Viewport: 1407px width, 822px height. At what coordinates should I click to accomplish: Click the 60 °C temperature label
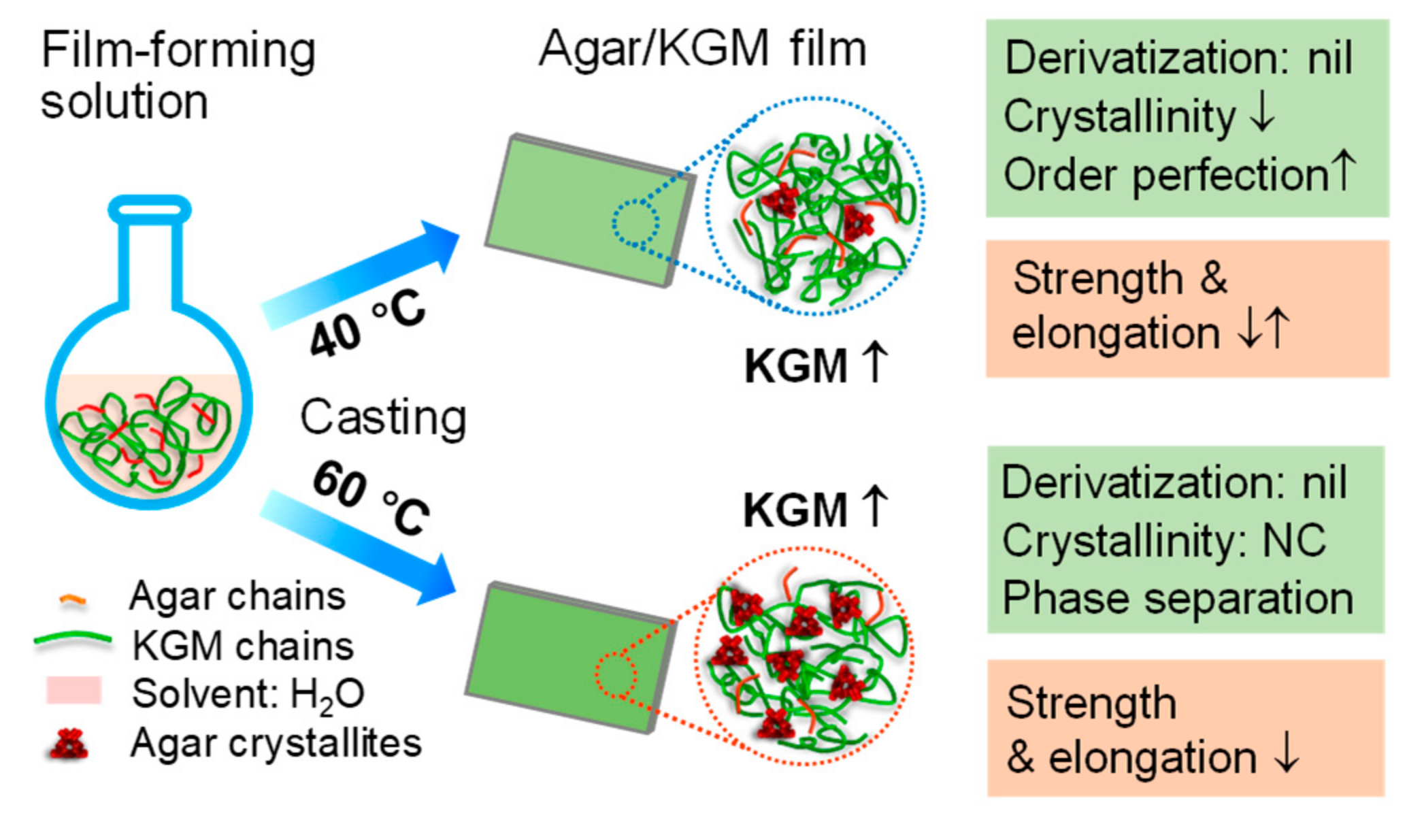pyautogui.click(x=371, y=497)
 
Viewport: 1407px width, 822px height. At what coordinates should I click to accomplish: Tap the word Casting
pyautogui.click(x=383, y=416)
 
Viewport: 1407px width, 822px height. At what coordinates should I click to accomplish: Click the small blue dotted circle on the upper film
pyautogui.click(x=635, y=222)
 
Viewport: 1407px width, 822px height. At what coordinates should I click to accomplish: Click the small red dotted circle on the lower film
pyautogui.click(x=616, y=675)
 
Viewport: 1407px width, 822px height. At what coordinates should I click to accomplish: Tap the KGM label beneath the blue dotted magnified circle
pyautogui.click(x=796, y=367)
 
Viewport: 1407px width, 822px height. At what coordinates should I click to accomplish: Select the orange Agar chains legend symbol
pyautogui.click(x=72, y=599)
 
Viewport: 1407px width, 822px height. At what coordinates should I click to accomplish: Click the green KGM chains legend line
pyautogui.click(x=72, y=640)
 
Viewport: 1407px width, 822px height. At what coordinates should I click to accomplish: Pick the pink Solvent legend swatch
pyautogui.click(x=73, y=690)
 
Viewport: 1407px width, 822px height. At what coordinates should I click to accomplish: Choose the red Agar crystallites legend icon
pyautogui.click(x=69, y=744)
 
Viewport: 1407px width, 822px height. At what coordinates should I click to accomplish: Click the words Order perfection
pyautogui.click(x=1165, y=176)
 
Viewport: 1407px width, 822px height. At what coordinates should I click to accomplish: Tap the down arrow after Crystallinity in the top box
pyautogui.click(x=1262, y=114)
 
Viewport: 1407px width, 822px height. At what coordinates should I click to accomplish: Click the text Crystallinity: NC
pyautogui.click(x=1163, y=541)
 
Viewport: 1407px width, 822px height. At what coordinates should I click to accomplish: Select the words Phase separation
pyautogui.click(x=1177, y=598)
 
